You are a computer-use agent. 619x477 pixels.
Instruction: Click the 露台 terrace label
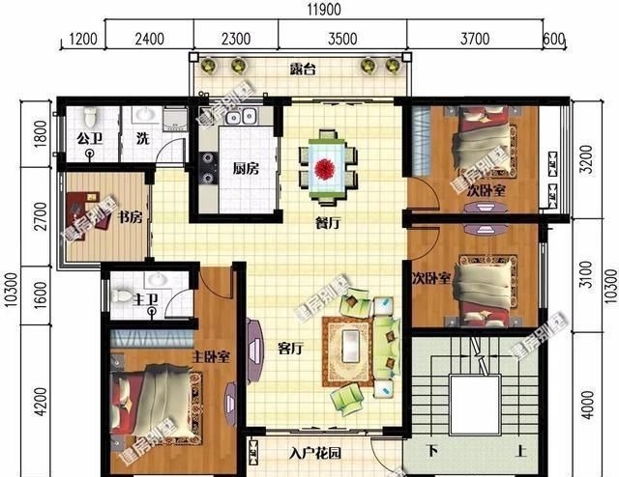[304, 70]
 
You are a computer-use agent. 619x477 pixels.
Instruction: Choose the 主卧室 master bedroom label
[210, 356]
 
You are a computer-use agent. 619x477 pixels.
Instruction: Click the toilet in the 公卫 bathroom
[91, 117]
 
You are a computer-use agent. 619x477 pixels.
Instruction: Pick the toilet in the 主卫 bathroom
[123, 294]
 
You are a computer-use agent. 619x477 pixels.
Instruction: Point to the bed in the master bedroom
[155, 396]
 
